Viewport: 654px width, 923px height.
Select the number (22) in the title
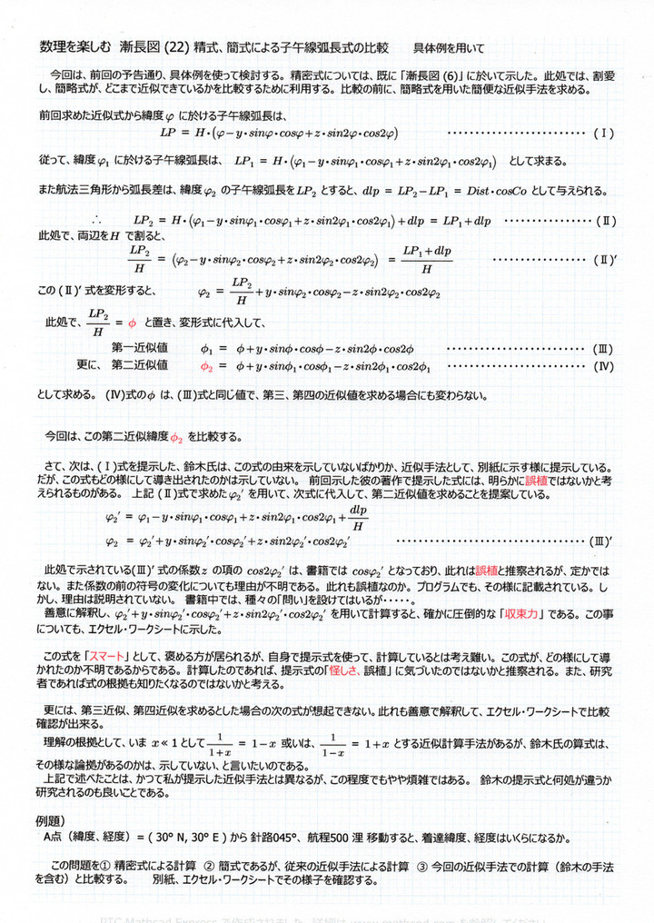[x=175, y=47]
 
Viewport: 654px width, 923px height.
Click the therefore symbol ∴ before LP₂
[x=98, y=221]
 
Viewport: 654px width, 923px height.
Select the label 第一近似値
[x=139, y=348]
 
